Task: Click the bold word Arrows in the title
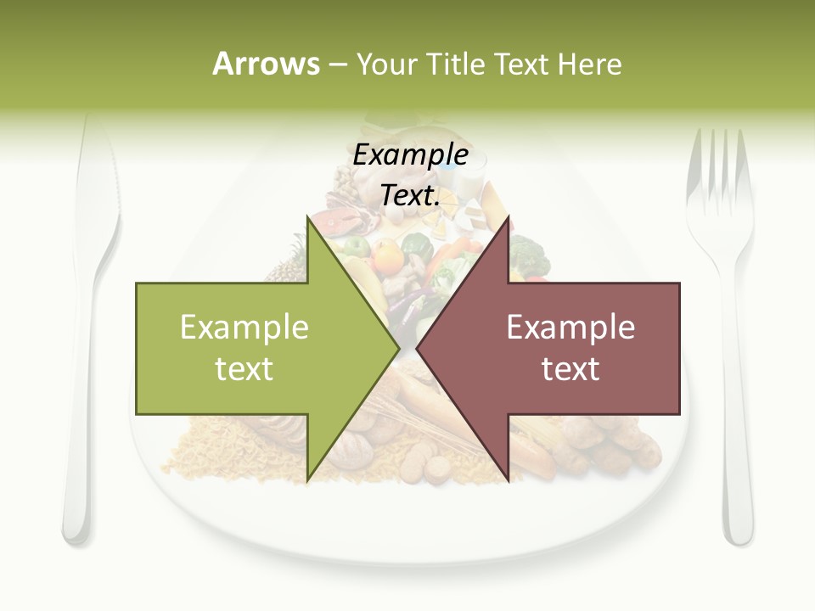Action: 266,64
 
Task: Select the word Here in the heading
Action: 589,64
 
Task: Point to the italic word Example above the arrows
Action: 410,154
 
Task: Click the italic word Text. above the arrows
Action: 410,195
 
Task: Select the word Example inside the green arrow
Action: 244,327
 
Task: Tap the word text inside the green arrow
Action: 244,369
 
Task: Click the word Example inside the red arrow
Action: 570,327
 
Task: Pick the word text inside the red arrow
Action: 570,369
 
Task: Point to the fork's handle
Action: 736,441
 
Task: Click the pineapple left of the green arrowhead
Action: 289,263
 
